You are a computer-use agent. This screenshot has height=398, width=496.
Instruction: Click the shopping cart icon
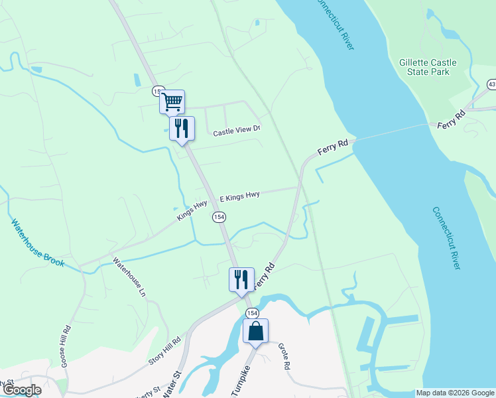pyautogui.click(x=172, y=101)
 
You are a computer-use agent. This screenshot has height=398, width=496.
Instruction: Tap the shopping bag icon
pyautogui.click(x=255, y=330)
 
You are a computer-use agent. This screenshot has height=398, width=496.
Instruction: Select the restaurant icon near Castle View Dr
pyautogui.click(x=182, y=128)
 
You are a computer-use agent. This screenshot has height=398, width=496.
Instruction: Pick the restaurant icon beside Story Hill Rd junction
pyautogui.click(x=241, y=279)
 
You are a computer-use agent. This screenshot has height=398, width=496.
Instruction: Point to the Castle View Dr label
pyautogui.click(x=237, y=131)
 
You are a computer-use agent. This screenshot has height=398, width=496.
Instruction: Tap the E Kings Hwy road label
pyautogui.click(x=239, y=196)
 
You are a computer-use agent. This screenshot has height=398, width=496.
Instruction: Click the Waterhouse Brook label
pyautogui.click(x=38, y=243)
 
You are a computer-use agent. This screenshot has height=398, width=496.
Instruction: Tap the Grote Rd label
pyautogui.click(x=284, y=356)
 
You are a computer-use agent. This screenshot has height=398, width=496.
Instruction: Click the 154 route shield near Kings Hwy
pyautogui.click(x=219, y=217)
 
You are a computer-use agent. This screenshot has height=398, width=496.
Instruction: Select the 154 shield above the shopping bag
pyautogui.click(x=251, y=312)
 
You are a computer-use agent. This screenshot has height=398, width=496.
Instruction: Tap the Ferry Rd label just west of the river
pyautogui.click(x=333, y=147)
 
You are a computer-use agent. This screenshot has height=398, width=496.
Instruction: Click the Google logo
pyautogui.click(x=21, y=390)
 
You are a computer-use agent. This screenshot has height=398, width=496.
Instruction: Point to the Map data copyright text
pyautogui.click(x=456, y=393)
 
